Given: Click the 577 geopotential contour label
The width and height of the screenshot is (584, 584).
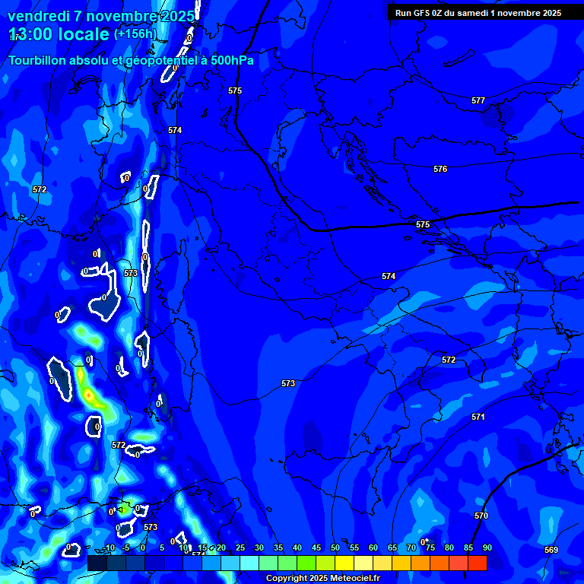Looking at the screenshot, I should point(478,100).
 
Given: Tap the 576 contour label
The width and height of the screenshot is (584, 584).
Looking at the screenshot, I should point(440,169).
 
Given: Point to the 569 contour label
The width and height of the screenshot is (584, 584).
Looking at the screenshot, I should point(551,550).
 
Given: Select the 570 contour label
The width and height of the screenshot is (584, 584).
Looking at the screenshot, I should point(481,516).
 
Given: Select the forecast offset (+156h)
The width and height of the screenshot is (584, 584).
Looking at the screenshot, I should point(135,34).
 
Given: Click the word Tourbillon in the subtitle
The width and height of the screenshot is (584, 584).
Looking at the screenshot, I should point(37,60).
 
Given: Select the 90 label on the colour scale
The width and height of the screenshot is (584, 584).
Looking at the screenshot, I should point(487,547).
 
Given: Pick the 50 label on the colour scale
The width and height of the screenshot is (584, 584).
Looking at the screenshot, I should point(335,547).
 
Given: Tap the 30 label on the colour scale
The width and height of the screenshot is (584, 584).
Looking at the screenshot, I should point(259,547).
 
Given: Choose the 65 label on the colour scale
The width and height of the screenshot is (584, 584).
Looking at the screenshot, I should point(392,547).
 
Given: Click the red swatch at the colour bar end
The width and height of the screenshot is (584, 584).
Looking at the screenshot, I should point(478,563).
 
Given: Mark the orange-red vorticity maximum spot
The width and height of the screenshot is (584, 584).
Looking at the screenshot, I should point(89,395).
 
